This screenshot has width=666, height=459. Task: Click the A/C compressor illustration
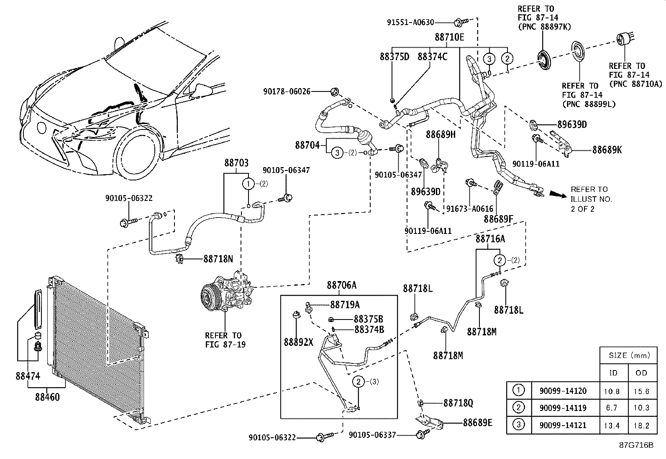tap(226, 293)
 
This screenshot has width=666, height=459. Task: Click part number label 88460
tap(47, 397)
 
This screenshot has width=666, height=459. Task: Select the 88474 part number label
tap(28, 376)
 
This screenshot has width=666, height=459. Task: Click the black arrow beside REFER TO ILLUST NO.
tap(558, 194)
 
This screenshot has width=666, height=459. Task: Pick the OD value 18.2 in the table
tap(641, 425)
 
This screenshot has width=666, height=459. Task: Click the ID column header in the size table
tap(613, 373)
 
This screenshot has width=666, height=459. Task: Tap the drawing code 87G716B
tap(636, 445)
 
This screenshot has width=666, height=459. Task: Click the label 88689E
tap(477, 422)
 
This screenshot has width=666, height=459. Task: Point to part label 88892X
tap(298, 342)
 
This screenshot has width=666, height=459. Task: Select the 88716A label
tap(490, 239)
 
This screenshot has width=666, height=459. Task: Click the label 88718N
tap(218, 259)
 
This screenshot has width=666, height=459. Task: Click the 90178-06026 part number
tap(287, 91)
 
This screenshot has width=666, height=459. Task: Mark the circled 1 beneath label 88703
tap(248, 183)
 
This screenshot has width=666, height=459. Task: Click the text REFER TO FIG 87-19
tap(223, 340)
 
